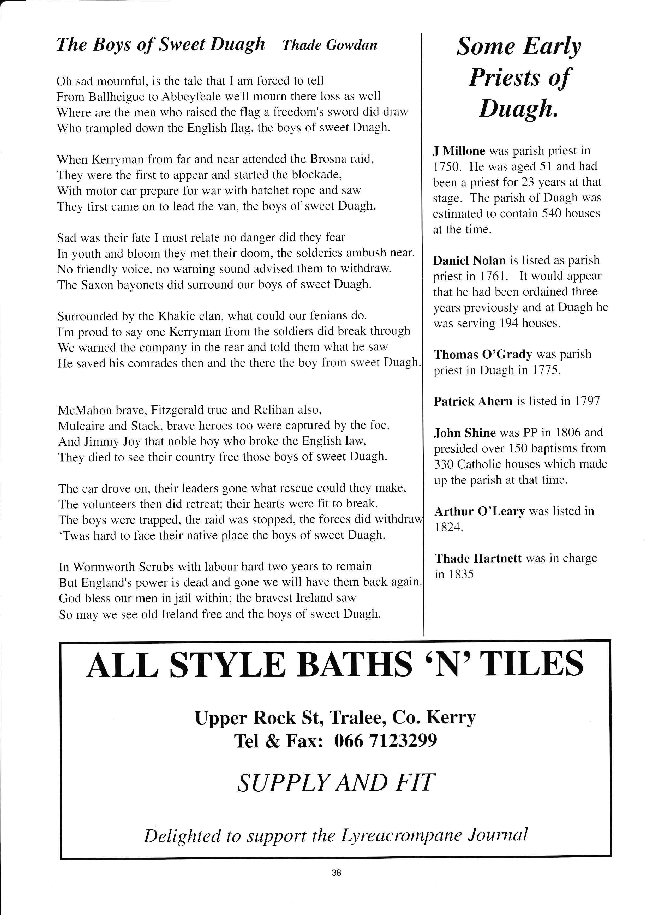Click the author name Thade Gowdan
(x=330, y=45)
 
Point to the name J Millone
(x=459, y=151)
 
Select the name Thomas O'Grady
(x=483, y=354)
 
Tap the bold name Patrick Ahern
(x=473, y=401)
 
